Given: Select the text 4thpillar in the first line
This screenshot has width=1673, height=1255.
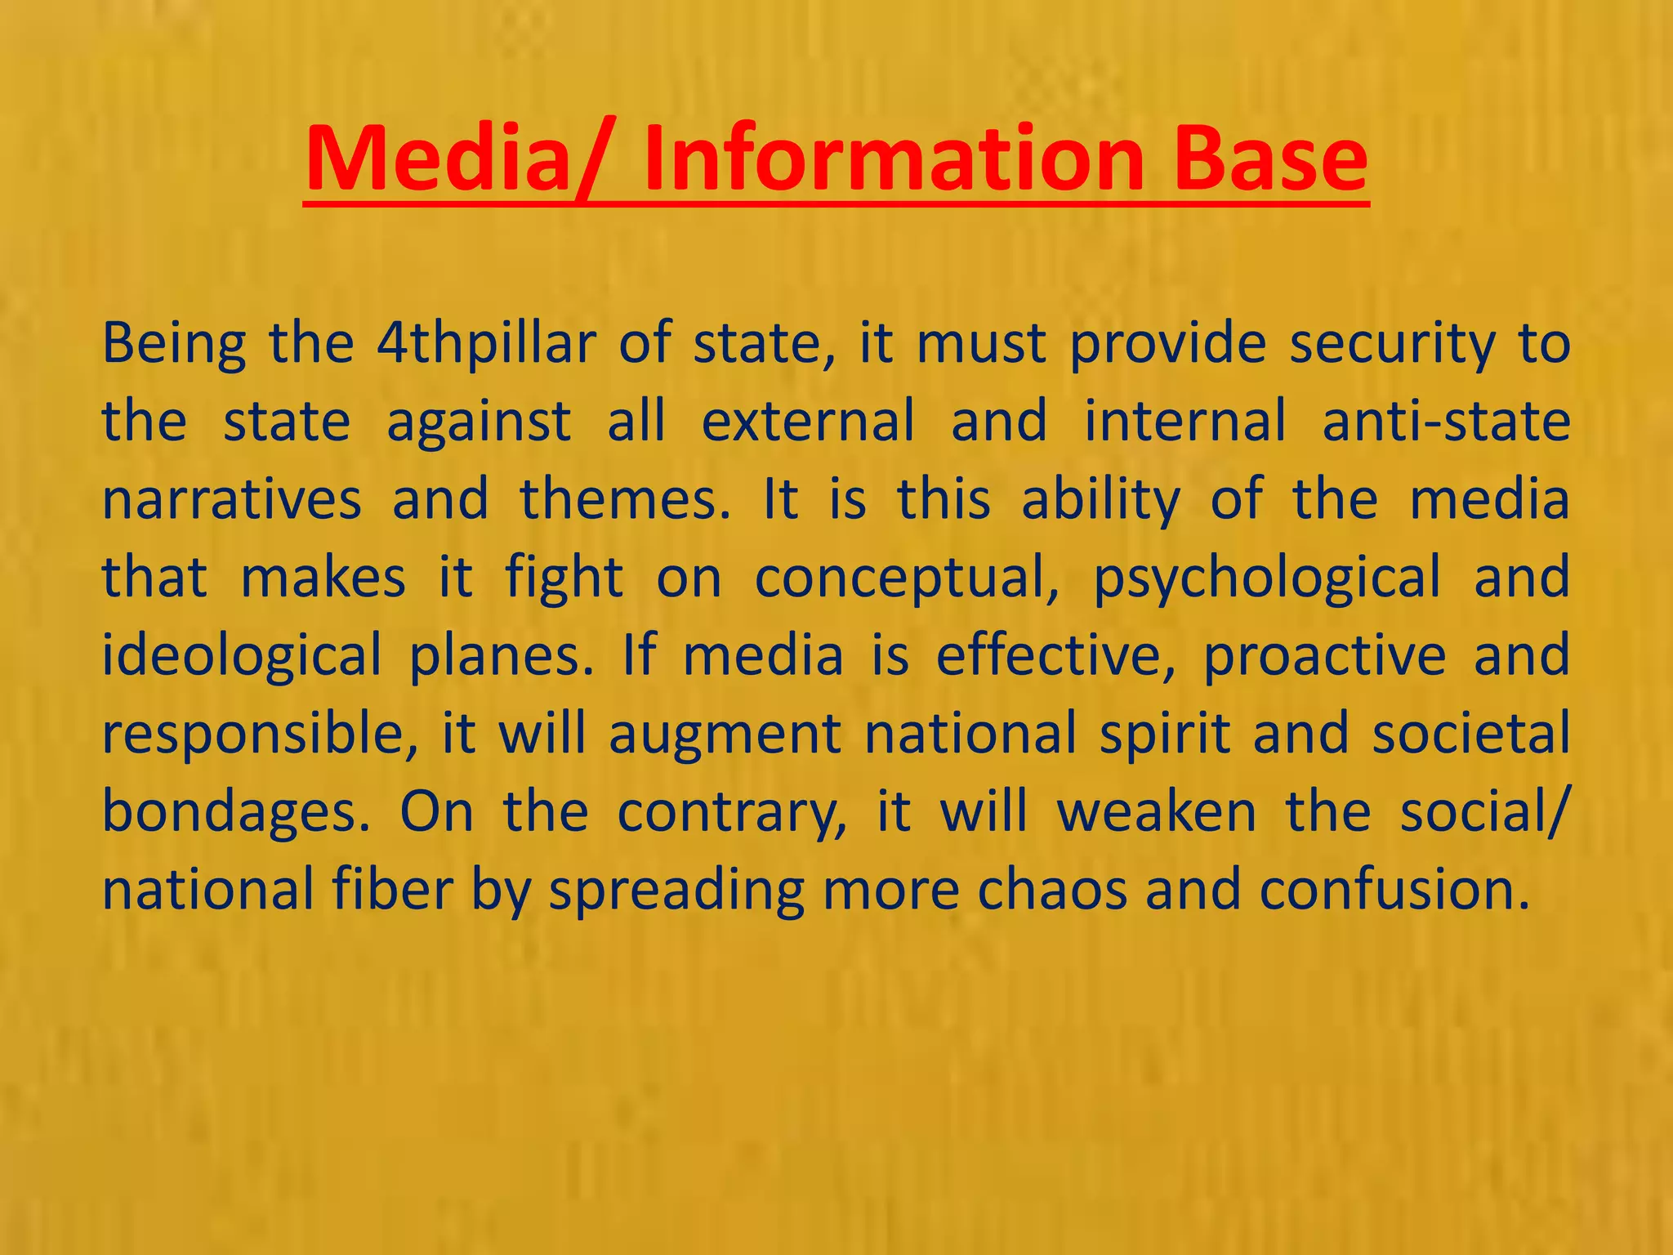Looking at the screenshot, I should tap(487, 344).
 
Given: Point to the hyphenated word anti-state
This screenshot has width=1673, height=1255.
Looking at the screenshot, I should tap(1446, 422).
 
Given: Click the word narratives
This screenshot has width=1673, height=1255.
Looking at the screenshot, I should tap(232, 499).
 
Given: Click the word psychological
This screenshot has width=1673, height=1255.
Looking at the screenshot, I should tap(1267, 578).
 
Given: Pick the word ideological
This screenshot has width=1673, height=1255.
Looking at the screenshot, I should tap(241, 655).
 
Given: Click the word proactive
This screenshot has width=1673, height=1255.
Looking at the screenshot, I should tap(1324, 655).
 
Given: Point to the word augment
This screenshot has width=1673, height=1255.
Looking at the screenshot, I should tap(725, 733).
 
